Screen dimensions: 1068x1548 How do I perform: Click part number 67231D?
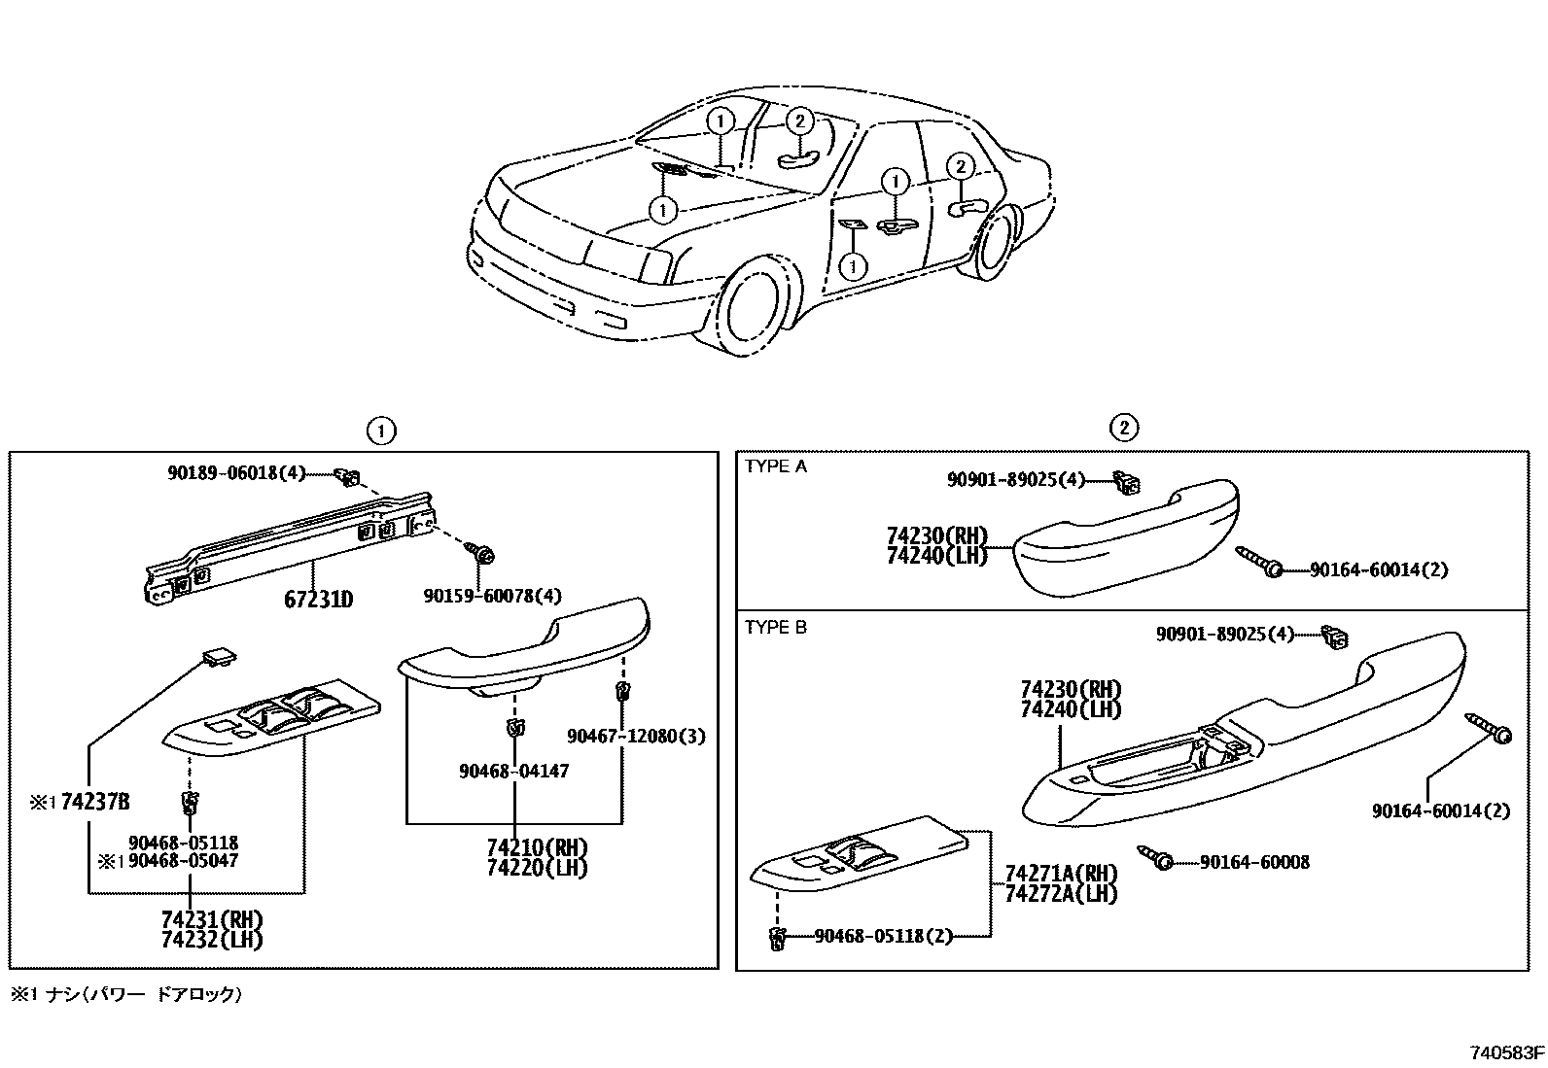[x=318, y=600]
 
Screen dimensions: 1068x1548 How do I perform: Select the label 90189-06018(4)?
[x=236, y=473]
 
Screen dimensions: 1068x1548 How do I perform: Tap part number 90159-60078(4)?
[x=492, y=596]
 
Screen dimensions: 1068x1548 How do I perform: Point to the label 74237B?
[x=94, y=802]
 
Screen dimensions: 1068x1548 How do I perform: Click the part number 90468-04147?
[x=513, y=771]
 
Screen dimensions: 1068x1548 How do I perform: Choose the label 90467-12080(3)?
[x=637, y=737]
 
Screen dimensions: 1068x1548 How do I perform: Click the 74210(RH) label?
[x=538, y=846]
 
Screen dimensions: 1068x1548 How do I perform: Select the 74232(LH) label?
[x=212, y=940]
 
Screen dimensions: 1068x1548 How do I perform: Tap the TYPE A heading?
[x=776, y=466]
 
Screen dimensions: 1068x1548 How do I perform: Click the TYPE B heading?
[x=776, y=628]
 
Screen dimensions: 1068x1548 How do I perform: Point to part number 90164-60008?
[x=1254, y=862]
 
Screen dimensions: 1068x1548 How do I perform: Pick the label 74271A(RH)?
[x=1061, y=873]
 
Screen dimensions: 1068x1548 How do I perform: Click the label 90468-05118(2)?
[x=883, y=936]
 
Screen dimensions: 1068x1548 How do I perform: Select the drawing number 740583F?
[x=1506, y=1052]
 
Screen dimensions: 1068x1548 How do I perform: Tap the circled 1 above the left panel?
[x=381, y=430]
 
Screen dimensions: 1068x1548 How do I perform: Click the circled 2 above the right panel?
[x=1123, y=427]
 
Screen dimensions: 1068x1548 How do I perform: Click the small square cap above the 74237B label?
[x=218, y=658]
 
